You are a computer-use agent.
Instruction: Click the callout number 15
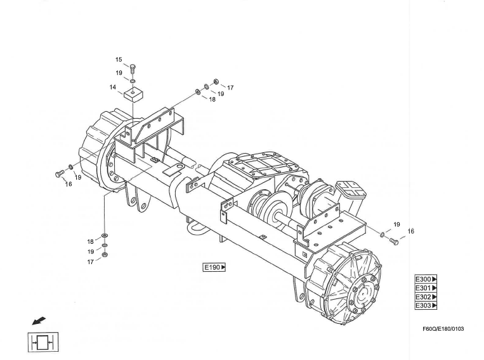pos(119,60)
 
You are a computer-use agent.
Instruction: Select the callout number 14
pos(113,88)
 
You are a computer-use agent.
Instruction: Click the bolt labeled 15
pos(133,69)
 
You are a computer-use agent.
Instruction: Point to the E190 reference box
pos(214,267)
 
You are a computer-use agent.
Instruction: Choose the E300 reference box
pos(426,279)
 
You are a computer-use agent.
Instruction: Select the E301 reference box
pos(426,288)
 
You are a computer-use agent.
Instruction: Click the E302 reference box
pos(426,297)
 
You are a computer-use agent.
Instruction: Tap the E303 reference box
pos(426,305)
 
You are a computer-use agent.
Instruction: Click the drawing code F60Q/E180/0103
pos(443,329)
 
